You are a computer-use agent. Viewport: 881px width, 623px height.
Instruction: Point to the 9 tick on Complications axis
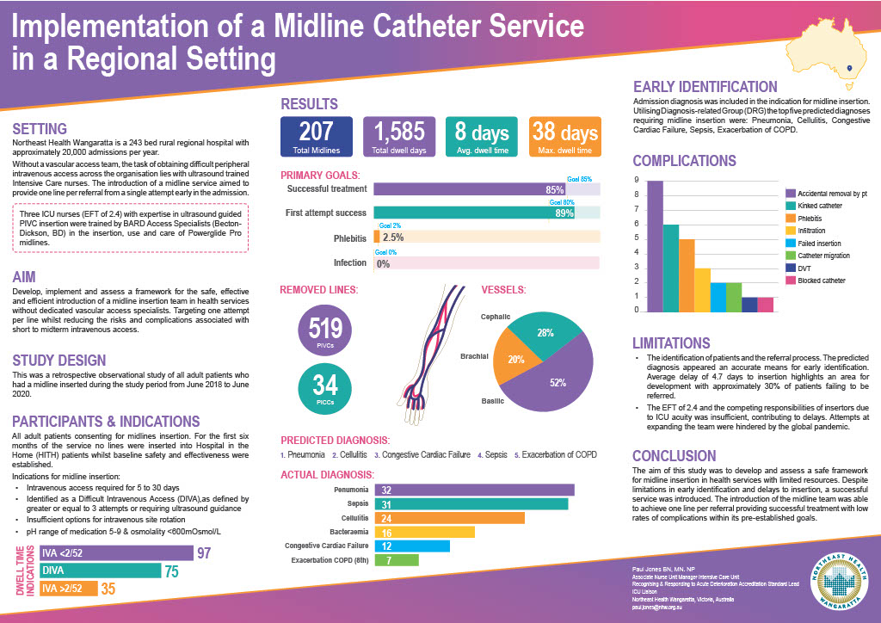(x=636, y=181)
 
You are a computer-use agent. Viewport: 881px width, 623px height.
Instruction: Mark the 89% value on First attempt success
(x=564, y=213)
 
